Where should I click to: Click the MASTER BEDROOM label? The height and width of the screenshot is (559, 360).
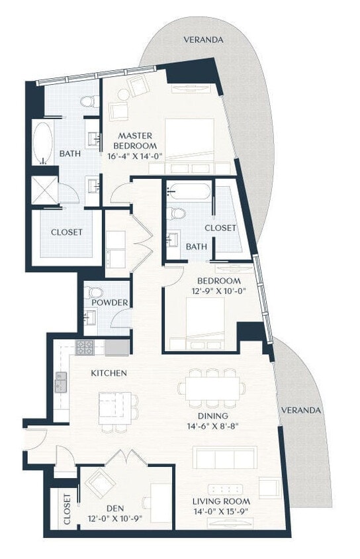tap(135, 140)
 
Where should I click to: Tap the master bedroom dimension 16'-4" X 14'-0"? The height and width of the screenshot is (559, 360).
tap(135, 156)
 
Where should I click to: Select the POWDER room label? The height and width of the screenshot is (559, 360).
tap(109, 303)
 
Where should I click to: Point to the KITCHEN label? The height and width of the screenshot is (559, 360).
tap(109, 373)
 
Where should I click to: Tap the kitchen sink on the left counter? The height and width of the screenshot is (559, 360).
tap(61, 383)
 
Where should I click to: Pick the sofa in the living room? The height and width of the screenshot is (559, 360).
tap(224, 458)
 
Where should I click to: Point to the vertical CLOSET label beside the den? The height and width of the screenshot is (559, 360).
tap(67, 509)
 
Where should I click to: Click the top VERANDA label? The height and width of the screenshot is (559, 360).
tap(203, 40)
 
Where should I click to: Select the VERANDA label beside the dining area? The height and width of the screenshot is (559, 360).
tap(300, 410)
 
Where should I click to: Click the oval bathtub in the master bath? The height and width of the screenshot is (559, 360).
tap(43, 142)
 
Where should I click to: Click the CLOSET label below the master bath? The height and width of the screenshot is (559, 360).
tap(67, 232)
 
